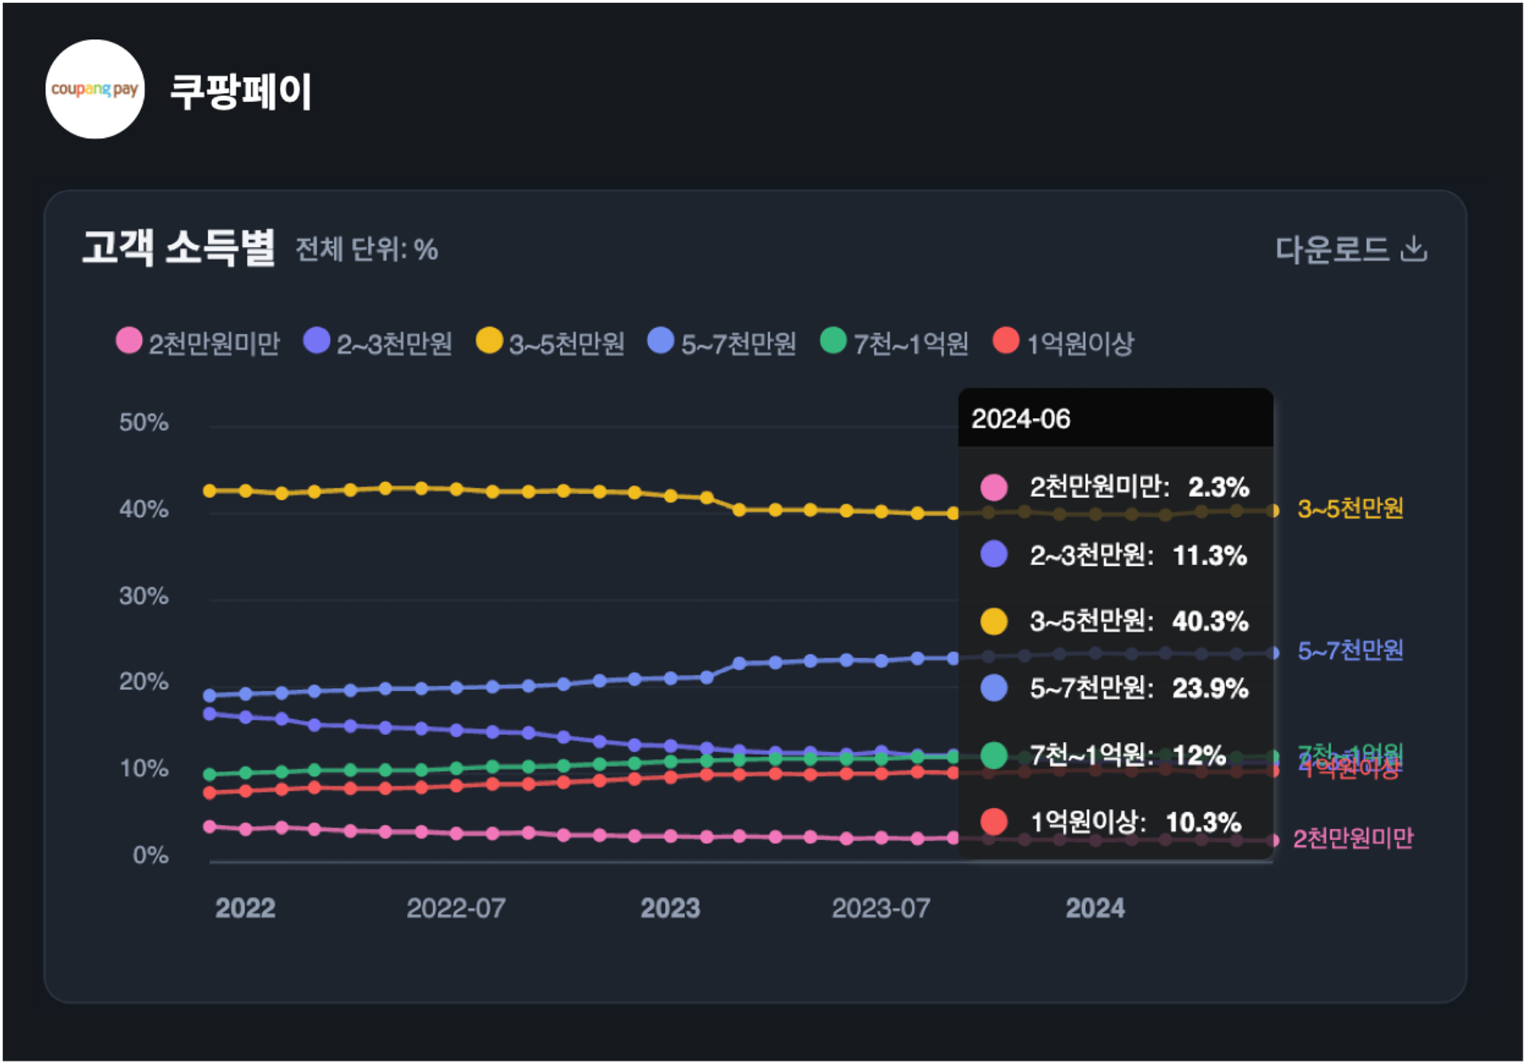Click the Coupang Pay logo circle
(x=95, y=89)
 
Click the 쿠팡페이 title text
(x=240, y=92)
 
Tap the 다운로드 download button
(x=1350, y=249)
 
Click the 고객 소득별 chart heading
(x=178, y=248)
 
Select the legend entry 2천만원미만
(x=198, y=343)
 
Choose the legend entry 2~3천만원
(x=378, y=343)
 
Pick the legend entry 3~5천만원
(x=551, y=343)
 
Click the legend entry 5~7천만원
(x=722, y=343)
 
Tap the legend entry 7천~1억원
(x=894, y=343)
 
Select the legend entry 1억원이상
(x=1064, y=343)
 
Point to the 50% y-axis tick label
(x=143, y=422)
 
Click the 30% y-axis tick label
(x=143, y=596)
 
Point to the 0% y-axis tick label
(x=150, y=855)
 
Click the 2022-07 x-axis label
(x=456, y=908)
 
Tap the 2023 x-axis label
(x=670, y=908)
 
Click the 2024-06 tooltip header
(x=1021, y=419)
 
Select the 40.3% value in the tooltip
(x=1210, y=621)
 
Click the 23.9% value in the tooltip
(x=1210, y=689)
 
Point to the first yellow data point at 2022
(x=210, y=491)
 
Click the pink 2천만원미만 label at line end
(x=1353, y=839)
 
